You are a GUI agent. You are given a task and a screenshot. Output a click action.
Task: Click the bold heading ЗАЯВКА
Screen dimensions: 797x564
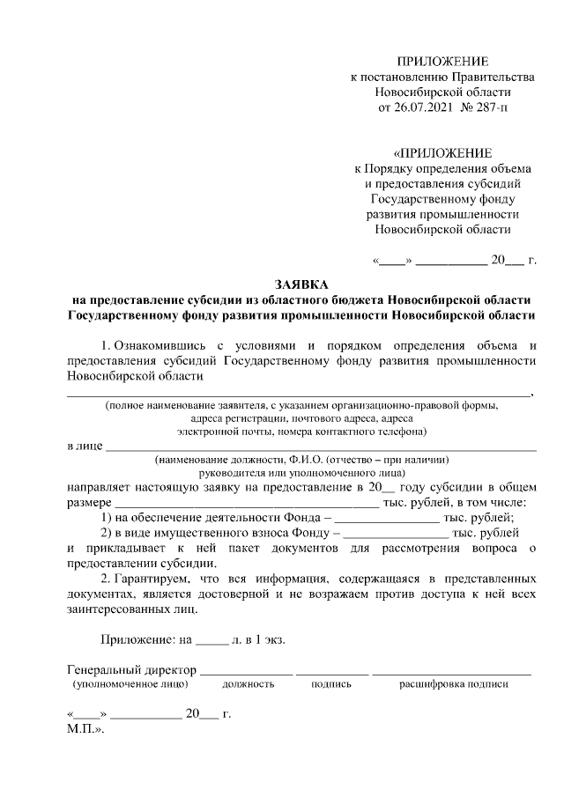301,284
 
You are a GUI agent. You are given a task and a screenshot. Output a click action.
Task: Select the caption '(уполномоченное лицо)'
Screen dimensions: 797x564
128,683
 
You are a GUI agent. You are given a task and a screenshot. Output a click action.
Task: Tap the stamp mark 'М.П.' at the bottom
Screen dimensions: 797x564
85,729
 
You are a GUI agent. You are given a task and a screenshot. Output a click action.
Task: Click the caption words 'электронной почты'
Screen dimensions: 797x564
221,432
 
